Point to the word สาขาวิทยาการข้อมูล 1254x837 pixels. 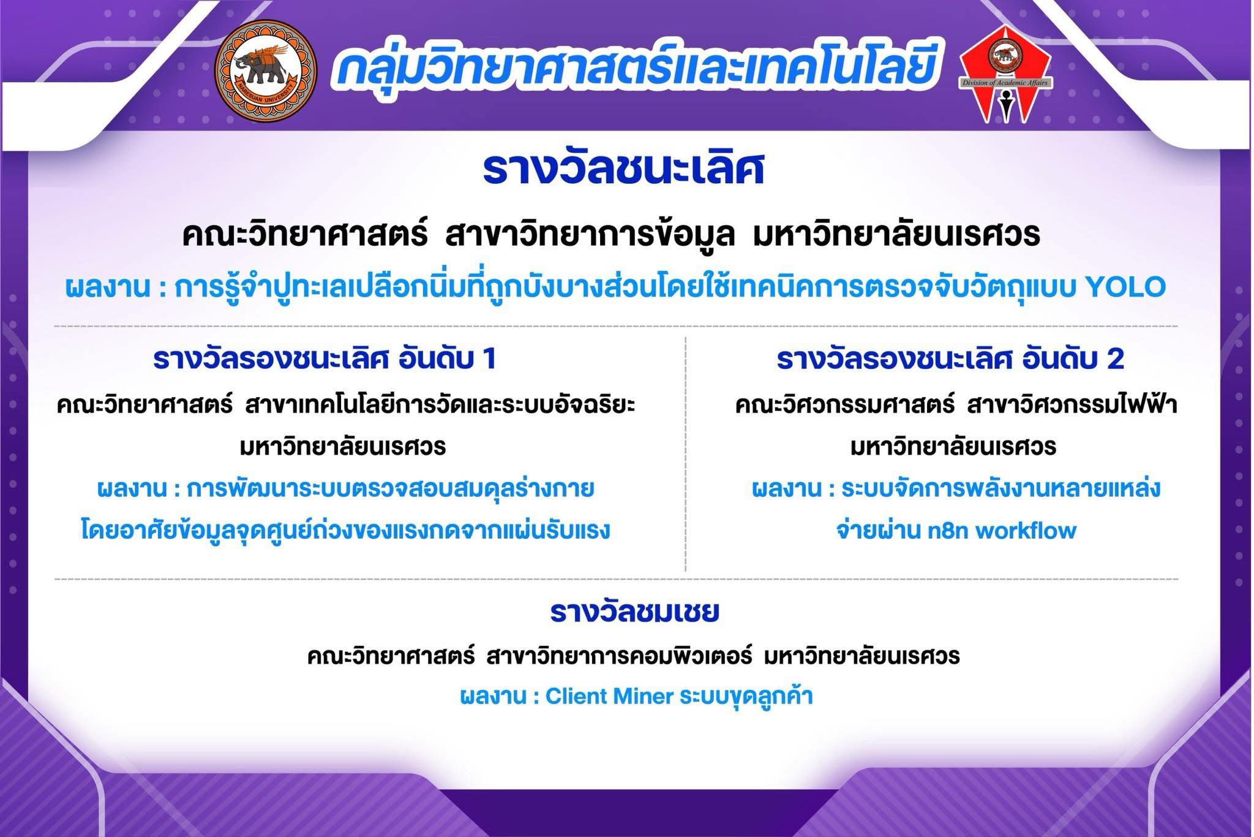tap(590, 235)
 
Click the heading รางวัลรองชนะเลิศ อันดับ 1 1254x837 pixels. tap(325, 359)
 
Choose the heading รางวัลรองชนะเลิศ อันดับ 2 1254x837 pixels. tap(951, 359)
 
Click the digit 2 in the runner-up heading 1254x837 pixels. tap(1116, 360)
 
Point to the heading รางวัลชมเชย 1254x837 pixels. tap(635, 612)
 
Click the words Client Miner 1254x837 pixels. tap(610, 697)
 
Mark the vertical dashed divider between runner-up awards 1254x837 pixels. tap(686, 454)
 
